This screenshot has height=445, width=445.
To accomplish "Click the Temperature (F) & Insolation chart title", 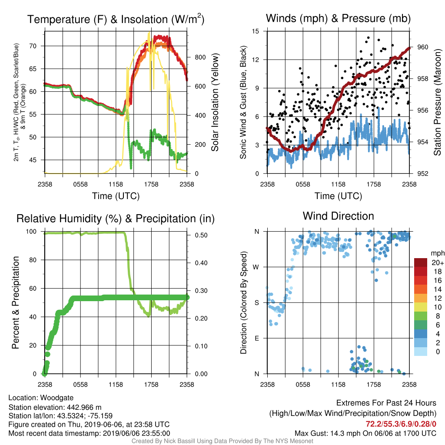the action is (116, 19).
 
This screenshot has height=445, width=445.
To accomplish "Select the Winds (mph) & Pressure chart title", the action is (338, 18).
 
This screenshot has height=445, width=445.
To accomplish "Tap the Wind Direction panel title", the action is (338, 216).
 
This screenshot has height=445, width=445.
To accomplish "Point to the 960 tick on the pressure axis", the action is (422, 47).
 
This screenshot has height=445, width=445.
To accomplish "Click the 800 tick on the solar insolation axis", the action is (200, 57).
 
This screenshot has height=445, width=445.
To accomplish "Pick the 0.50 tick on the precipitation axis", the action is (201, 235).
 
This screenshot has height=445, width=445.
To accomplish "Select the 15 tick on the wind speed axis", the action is (256, 31).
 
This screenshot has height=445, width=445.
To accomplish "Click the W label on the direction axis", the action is (256, 267).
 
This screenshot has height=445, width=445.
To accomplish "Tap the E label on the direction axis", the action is (257, 338).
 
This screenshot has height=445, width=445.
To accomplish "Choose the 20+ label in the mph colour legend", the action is (438, 263).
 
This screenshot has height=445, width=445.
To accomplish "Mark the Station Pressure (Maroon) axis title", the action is (437, 102).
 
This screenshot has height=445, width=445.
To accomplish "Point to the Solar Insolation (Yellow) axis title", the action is (215, 102).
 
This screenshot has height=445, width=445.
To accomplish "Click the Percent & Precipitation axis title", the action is (16, 302).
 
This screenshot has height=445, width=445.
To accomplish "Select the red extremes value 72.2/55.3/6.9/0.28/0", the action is (401, 424).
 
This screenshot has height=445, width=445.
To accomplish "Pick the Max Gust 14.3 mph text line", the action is (365, 433).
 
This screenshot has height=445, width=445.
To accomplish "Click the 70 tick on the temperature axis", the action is (33, 46).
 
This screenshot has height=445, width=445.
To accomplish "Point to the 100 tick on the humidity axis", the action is (31, 232).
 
